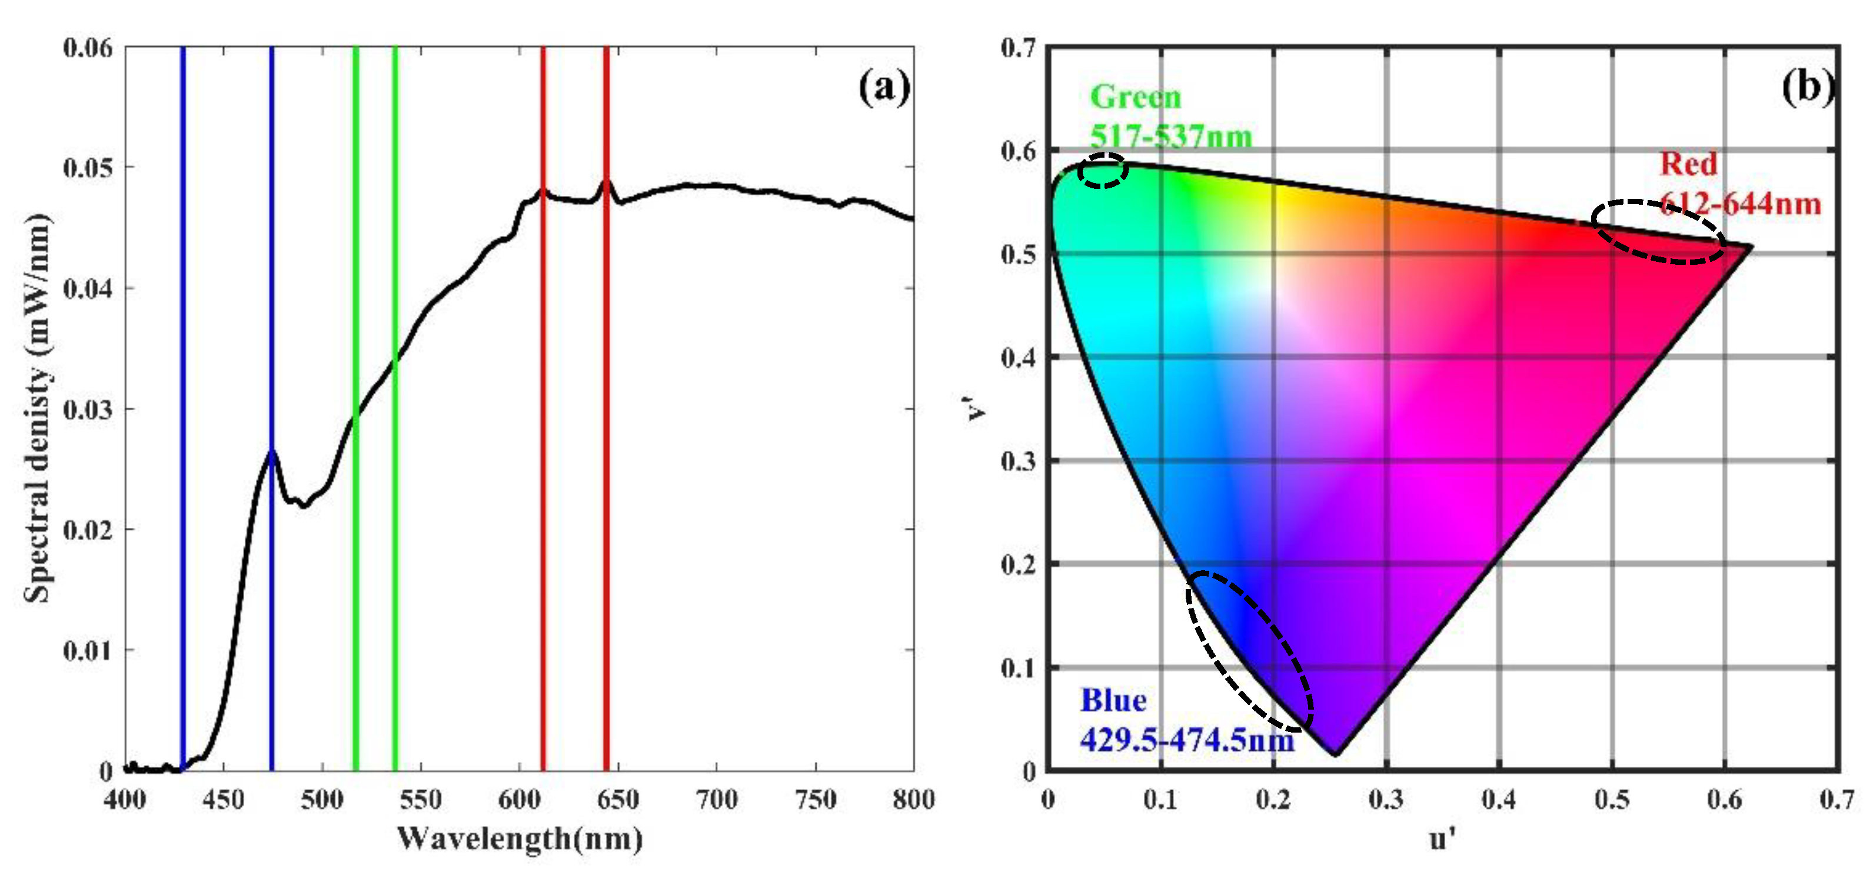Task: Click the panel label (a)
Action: coord(883,88)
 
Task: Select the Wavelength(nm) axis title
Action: coord(520,839)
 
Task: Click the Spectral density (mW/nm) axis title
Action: coord(38,409)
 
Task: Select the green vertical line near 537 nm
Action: coord(395,218)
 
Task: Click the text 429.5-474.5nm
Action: coord(1187,740)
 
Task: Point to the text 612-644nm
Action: coord(1741,204)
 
